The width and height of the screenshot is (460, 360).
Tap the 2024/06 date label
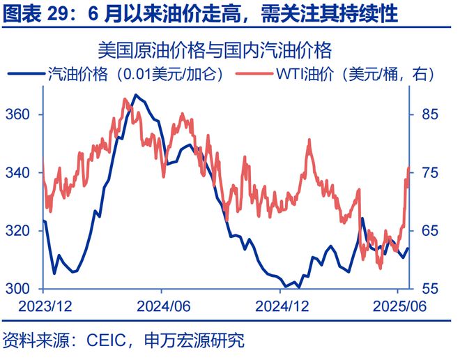click(162, 306)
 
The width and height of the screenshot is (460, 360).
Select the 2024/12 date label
click(282, 306)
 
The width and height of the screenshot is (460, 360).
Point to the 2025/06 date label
click(399, 306)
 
